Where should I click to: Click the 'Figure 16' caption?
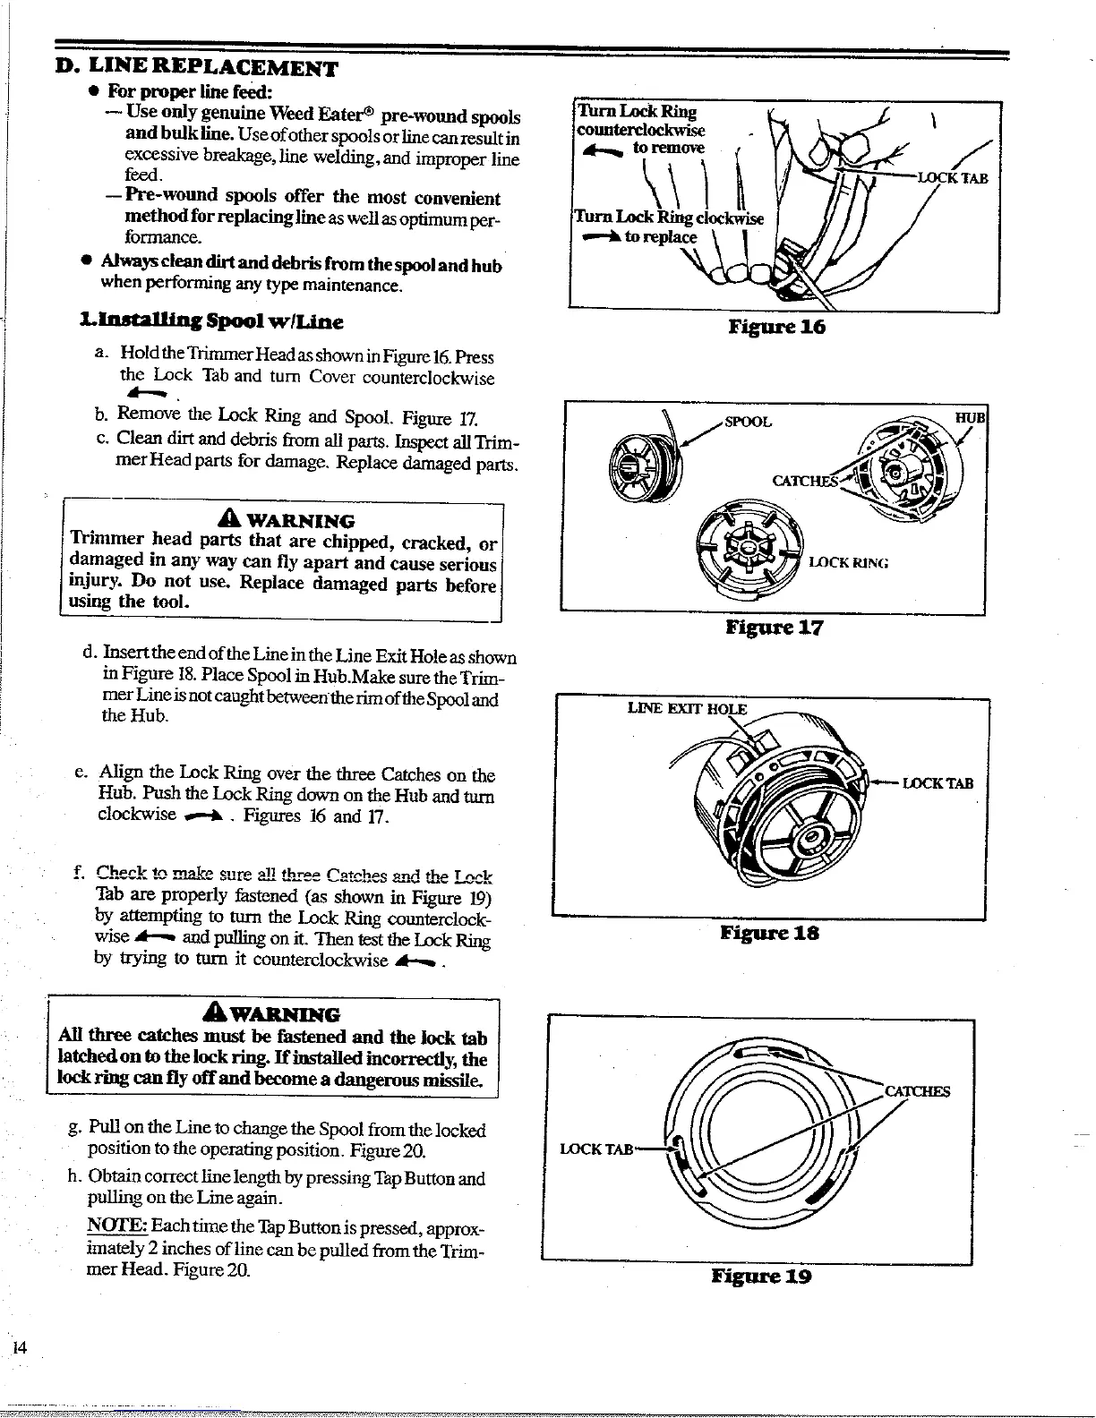click(776, 327)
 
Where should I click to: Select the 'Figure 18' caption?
click(769, 933)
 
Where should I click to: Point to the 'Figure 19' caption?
click(761, 1276)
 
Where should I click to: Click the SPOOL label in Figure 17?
click(748, 422)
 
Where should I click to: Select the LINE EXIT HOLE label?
click(687, 709)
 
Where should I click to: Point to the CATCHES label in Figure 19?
click(917, 1091)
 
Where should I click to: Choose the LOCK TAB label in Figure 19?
click(596, 1149)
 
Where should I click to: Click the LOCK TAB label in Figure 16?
click(955, 177)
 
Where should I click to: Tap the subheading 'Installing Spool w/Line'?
click(211, 321)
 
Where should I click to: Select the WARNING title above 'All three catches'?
click(274, 1014)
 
